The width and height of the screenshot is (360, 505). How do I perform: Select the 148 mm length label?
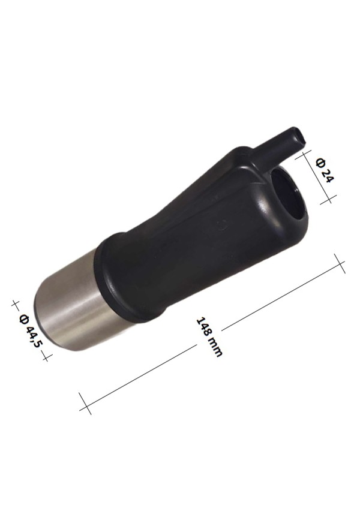209,336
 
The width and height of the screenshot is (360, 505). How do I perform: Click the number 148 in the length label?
205,328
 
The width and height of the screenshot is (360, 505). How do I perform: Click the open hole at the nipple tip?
301,138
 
